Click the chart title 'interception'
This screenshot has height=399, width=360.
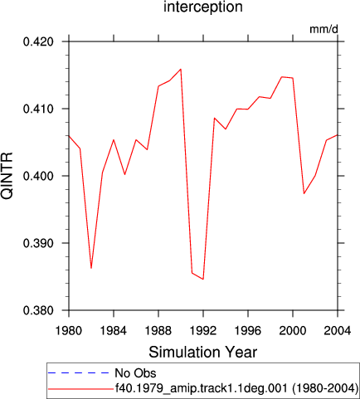[203, 7]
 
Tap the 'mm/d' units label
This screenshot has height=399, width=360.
[324, 29]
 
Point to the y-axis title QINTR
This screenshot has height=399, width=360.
[7, 176]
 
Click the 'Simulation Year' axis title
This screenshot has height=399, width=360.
[203, 353]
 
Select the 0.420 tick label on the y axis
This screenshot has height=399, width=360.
[38, 41]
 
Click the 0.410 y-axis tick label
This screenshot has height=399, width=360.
[38, 109]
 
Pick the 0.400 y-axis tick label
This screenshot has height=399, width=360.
[38, 176]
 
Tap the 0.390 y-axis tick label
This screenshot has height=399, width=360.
[38, 243]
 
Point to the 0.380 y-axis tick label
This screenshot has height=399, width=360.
[38, 310]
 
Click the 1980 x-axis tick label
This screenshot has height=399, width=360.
[69, 331]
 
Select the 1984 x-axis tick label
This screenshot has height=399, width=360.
[114, 331]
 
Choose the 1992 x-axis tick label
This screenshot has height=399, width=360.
[203, 331]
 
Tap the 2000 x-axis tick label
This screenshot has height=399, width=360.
[293, 331]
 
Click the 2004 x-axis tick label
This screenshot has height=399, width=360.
[338, 331]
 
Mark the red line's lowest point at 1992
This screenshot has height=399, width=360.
[203, 279]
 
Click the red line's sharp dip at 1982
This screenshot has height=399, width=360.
[91, 268]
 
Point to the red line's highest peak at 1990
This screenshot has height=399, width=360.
[181, 69]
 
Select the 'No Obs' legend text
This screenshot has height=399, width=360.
[135, 373]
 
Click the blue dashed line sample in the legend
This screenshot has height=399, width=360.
[79, 373]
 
